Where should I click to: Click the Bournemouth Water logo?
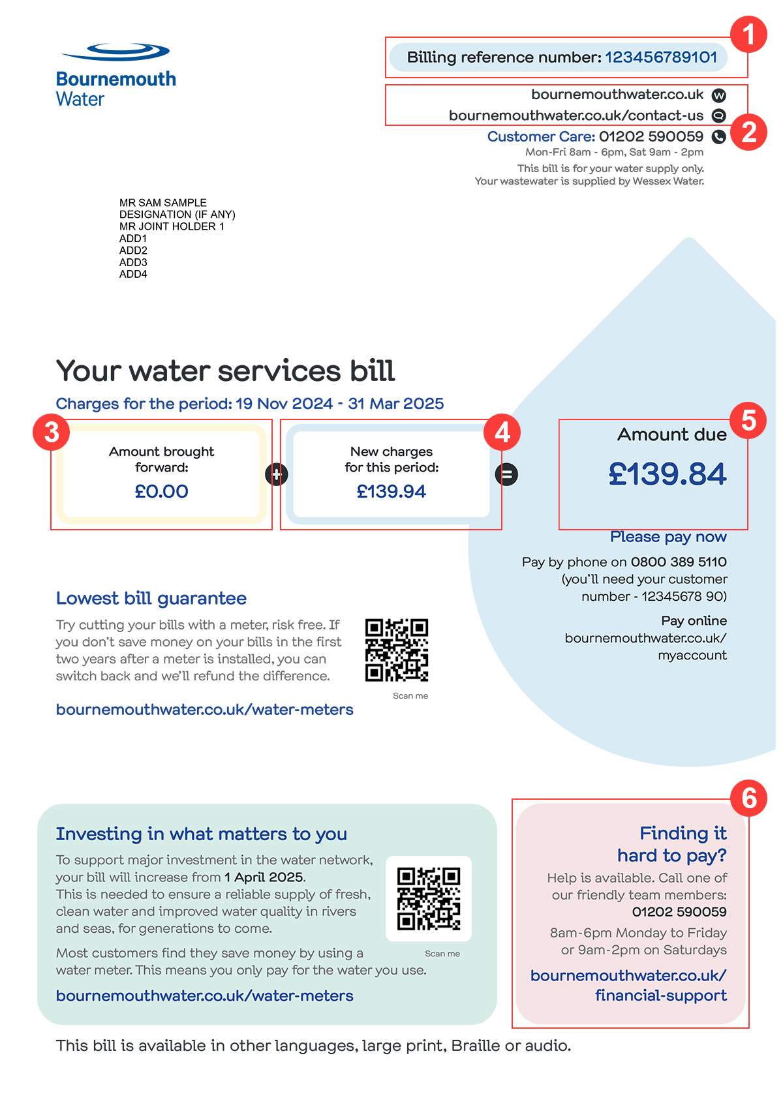[x=115, y=75]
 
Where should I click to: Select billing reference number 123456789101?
[x=660, y=57]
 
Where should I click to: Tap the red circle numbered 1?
[x=748, y=35]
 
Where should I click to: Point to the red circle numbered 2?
[x=748, y=132]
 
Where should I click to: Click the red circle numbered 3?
[x=52, y=432]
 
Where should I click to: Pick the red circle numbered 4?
[x=502, y=432]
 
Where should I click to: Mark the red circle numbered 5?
[x=748, y=420]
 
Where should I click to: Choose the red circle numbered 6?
[x=748, y=798]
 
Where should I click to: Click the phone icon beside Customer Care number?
[x=718, y=137]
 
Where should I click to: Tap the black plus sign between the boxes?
[x=277, y=474]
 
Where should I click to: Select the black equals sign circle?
[x=506, y=474]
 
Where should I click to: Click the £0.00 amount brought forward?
[x=161, y=491]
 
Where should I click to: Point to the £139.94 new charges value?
[x=391, y=491]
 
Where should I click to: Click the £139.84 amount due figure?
[x=667, y=474]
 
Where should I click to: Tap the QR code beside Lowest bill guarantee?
[x=396, y=650]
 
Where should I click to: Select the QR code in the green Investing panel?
[x=429, y=898]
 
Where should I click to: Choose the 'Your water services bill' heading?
[x=225, y=371]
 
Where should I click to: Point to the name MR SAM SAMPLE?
[x=163, y=203]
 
